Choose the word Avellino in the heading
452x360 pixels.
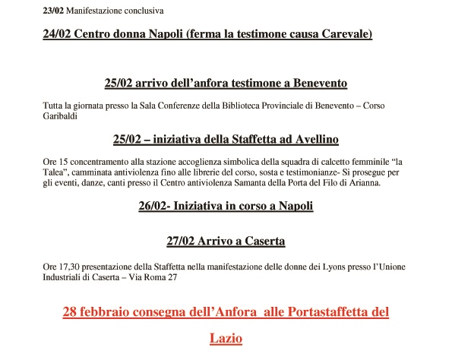coord(311,140)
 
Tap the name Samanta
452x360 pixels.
coord(239,183)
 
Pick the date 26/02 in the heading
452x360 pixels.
coord(155,206)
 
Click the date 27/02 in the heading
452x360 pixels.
coord(181,242)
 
